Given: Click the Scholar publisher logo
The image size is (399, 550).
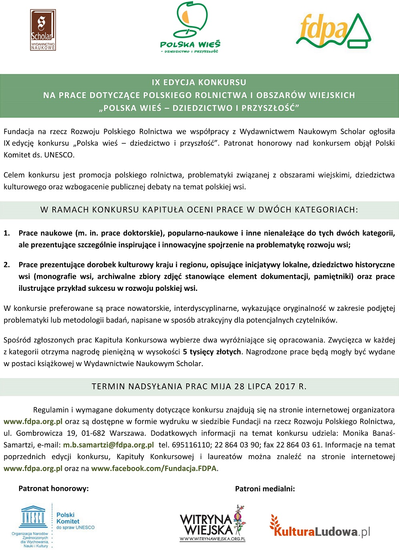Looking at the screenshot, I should [43, 30].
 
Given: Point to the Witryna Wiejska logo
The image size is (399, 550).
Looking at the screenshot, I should [212, 524].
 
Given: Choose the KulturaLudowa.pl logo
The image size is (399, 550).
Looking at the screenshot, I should [319, 528].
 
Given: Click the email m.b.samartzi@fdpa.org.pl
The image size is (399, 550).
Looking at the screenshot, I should [108, 445].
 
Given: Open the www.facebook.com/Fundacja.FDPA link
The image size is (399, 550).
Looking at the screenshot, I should [154, 468].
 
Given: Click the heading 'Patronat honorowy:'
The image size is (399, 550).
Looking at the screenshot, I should [54, 488].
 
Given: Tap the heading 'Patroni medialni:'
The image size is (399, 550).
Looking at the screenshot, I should [265, 488].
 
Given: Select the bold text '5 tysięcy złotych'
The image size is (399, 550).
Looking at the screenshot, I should [212, 352].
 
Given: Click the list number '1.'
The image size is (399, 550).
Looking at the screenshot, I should [7, 233].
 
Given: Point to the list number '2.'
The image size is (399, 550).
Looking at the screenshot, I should [7, 265].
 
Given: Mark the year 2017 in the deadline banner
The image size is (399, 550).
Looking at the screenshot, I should [285, 387].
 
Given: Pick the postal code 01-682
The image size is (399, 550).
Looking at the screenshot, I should [93, 433].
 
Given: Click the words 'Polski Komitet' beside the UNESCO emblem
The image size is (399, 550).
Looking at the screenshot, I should [68, 518].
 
